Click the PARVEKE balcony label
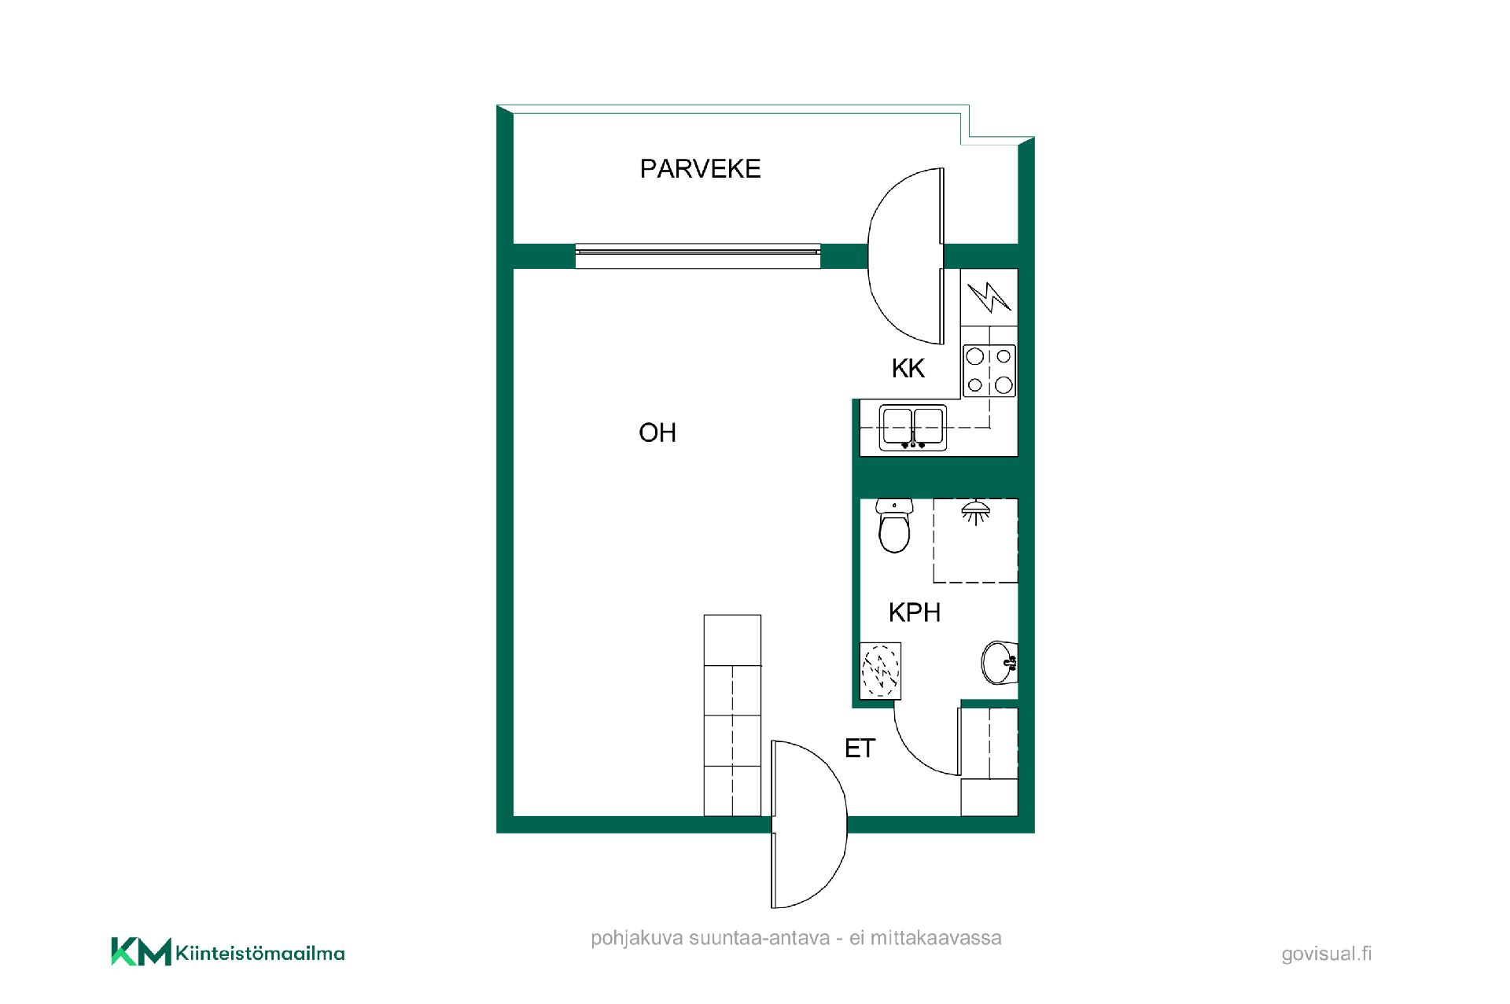pyautogui.click(x=700, y=169)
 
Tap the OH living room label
pyautogui.click(x=657, y=432)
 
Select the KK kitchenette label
pyautogui.click(x=908, y=368)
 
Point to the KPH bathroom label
pyautogui.click(x=915, y=612)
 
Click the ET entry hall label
pyautogui.click(x=860, y=748)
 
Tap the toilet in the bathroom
pyautogui.click(x=893, y=525)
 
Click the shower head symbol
pyautogui.click(x=975, y=512)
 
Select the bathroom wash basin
pyautogui.click(x=1000, y=663)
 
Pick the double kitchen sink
pyautogui.click(x=912, y=428)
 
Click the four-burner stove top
pyautogui.click(x=989, y=370)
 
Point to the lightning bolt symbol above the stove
pyautogui.click(x=989, y=297)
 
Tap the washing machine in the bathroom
pyautogui.click(x=881, y=671)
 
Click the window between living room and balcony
pyautogui.click(x=698, y=256)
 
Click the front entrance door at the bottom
pyautogui.click(x=809, y=824)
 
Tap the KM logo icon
pyautogui.click(x=141, y=951)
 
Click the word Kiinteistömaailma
pyautogui.click(x=260, y=954)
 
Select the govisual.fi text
pyautogui.click(x=1327, y=954)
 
